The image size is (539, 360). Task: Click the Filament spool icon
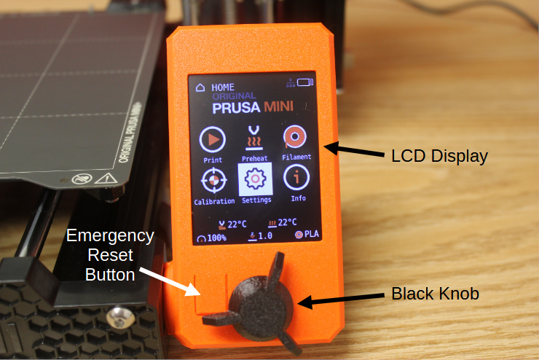[296, 137]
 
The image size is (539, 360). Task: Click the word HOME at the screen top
[223, 87]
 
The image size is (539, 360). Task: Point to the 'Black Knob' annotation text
[435, 294]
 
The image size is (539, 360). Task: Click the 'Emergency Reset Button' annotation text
[110, 255]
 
